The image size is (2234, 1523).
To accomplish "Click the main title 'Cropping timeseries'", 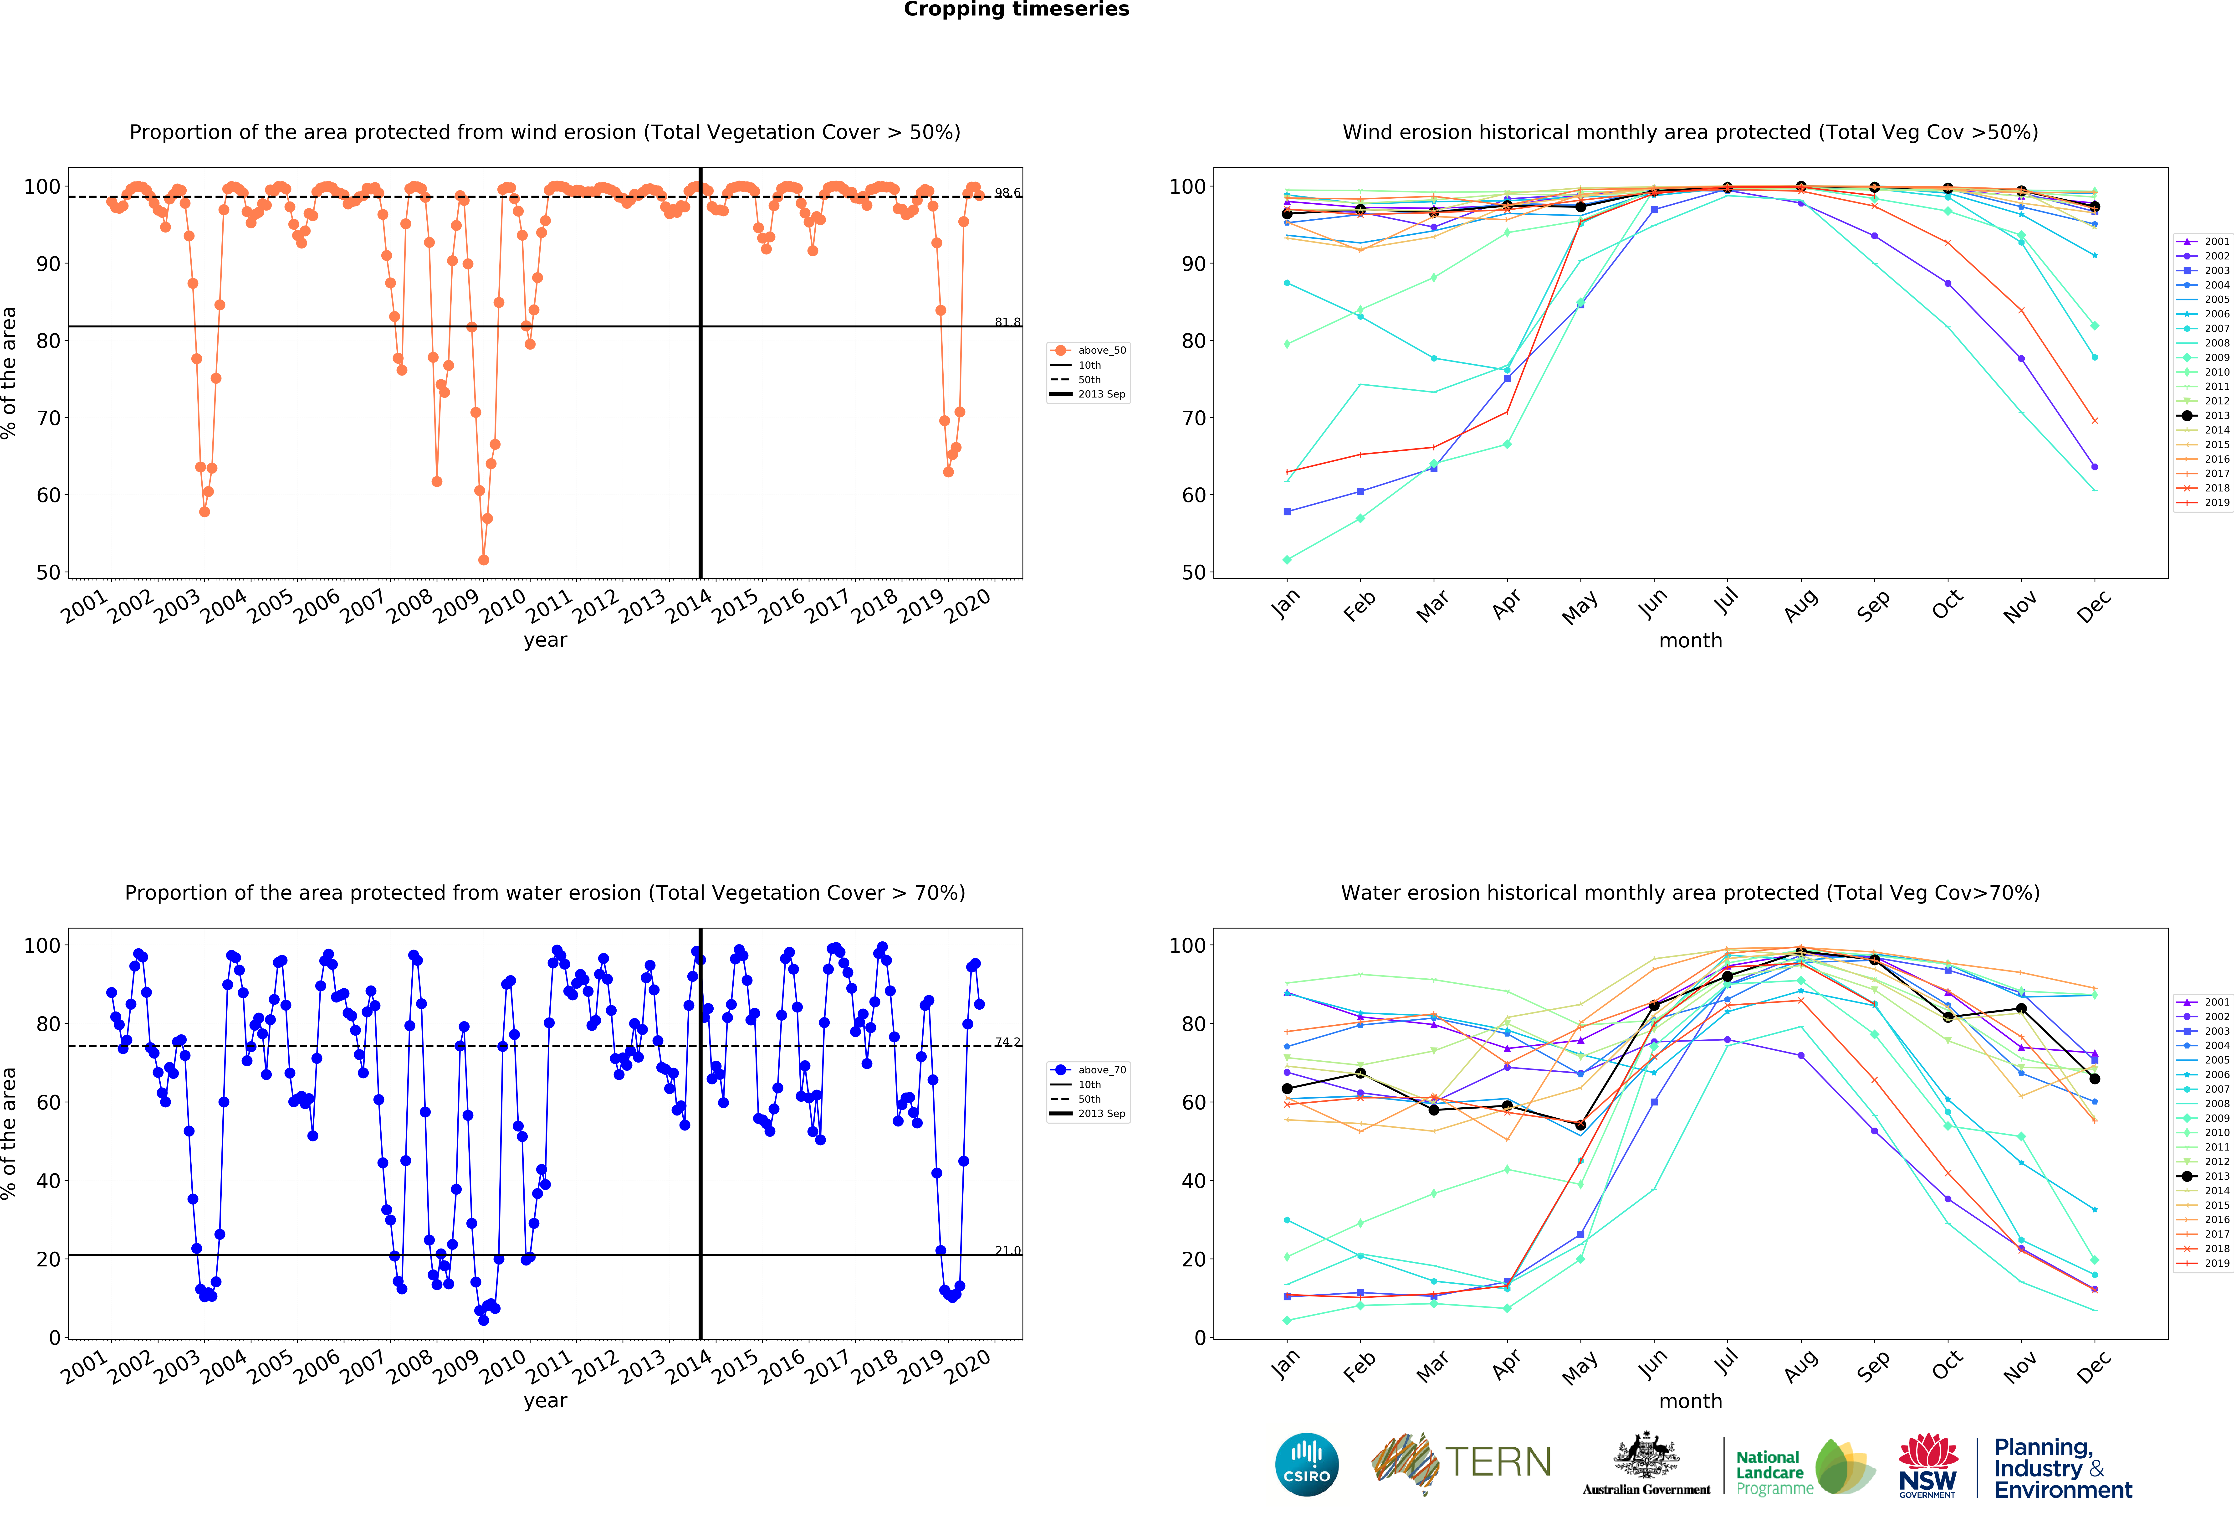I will point(1016,10).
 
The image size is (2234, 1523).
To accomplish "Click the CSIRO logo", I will point(1306,1464).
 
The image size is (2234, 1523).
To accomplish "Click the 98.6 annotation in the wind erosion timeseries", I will point(1007,193).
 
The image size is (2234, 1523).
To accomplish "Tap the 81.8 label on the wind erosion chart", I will point(1007,322).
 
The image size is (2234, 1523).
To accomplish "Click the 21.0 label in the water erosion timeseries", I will point(1007,1250).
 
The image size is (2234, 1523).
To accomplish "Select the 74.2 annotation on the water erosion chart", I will point(1007,1041).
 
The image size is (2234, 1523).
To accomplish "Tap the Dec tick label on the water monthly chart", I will point(2094,1365).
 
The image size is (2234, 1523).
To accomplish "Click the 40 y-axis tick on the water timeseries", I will point(48,1181).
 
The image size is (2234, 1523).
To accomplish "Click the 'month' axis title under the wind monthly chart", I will point(1690,640).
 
